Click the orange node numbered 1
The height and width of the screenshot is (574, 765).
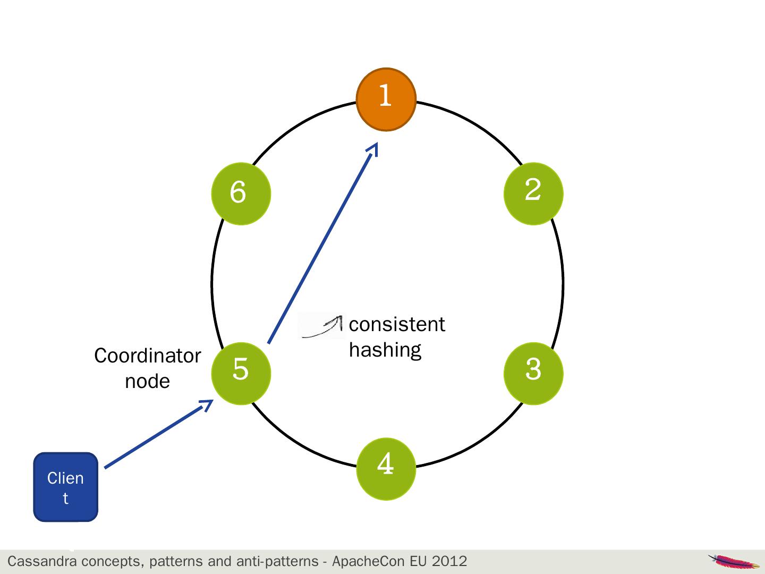coord(386,99)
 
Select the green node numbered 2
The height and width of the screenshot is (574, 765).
coord(533,193)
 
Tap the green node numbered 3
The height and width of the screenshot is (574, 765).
coord(533,373)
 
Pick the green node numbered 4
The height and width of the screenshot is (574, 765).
coord(386,468)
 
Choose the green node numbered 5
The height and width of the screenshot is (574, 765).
coord(241,373)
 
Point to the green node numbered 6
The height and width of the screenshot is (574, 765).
coord(241,193)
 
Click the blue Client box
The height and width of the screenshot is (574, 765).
coord(66,487)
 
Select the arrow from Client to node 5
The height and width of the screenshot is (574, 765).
coord(158,434)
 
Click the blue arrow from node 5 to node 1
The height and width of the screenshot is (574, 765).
coord(322,244)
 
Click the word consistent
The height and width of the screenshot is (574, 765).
coord(397,324)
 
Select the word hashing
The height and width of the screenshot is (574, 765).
coord(385,350)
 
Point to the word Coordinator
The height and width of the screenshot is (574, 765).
coord(147,356)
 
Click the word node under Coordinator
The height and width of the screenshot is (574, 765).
coord(147,381)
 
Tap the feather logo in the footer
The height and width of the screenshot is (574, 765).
coord(734,561)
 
